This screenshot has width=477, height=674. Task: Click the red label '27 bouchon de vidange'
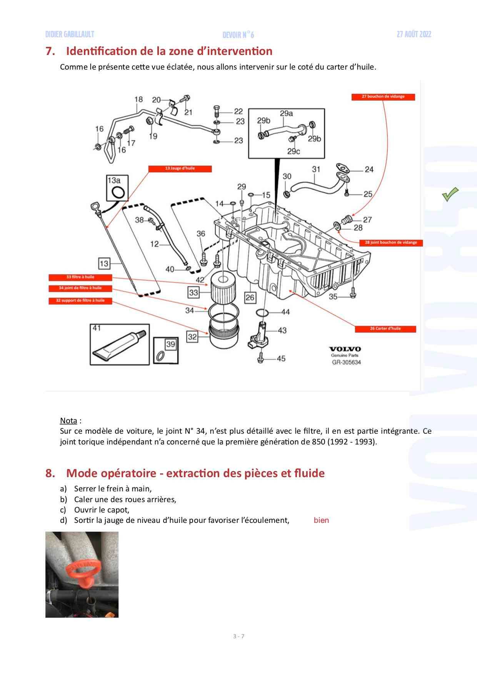[x=383, y=97]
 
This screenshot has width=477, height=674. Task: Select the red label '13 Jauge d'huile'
[x=180, y=168]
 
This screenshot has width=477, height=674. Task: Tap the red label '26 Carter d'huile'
[x=385, y=329]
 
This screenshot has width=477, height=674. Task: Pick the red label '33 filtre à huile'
[x=80, y=277]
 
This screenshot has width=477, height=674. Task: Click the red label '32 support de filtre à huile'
[x=80, y=300]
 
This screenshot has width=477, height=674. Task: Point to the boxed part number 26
[x=250, y=297]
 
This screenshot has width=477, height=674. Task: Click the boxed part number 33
[x=193, y=293]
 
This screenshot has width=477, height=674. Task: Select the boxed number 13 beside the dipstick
[x=104, y=263]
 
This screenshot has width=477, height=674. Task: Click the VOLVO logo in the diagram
[x=345, y=349]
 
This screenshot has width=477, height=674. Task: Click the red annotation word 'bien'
[x=321, y=521]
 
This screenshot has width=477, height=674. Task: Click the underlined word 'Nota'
[x=68, y=420]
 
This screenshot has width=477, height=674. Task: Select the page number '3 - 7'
[x=239, y=636]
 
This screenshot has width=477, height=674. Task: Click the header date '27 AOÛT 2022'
[x=414, y=35]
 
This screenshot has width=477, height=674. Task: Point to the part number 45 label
[x=281, y=359]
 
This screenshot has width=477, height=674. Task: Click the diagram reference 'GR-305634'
[x=347, y=362]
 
